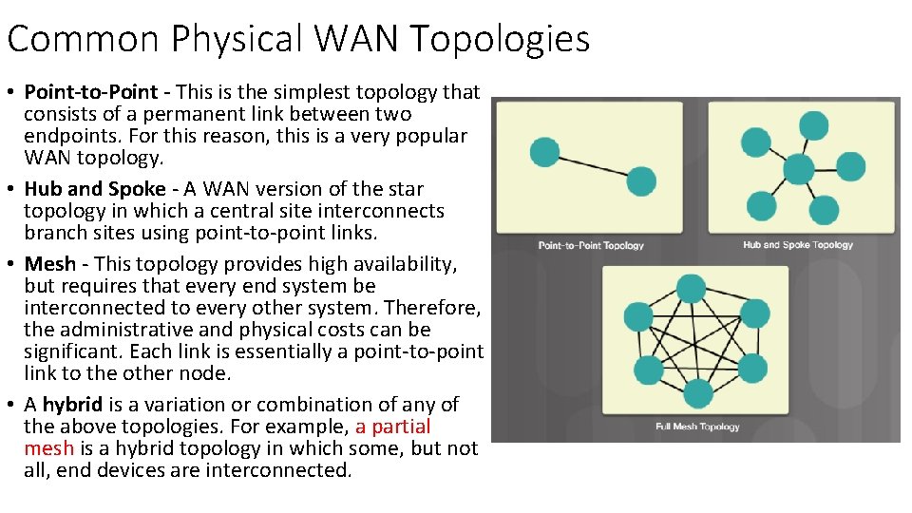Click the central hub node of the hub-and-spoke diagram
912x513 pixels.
799,169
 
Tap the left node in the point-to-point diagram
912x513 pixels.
544,152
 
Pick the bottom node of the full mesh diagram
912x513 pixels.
697,392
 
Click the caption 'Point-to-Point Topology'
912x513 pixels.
591,245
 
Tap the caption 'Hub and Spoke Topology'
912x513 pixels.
798,245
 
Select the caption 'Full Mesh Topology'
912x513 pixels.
697,427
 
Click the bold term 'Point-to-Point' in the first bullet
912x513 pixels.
90,92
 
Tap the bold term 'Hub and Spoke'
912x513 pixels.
94,189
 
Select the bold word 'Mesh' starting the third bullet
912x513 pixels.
50,264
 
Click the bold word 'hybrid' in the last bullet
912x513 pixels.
72,405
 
